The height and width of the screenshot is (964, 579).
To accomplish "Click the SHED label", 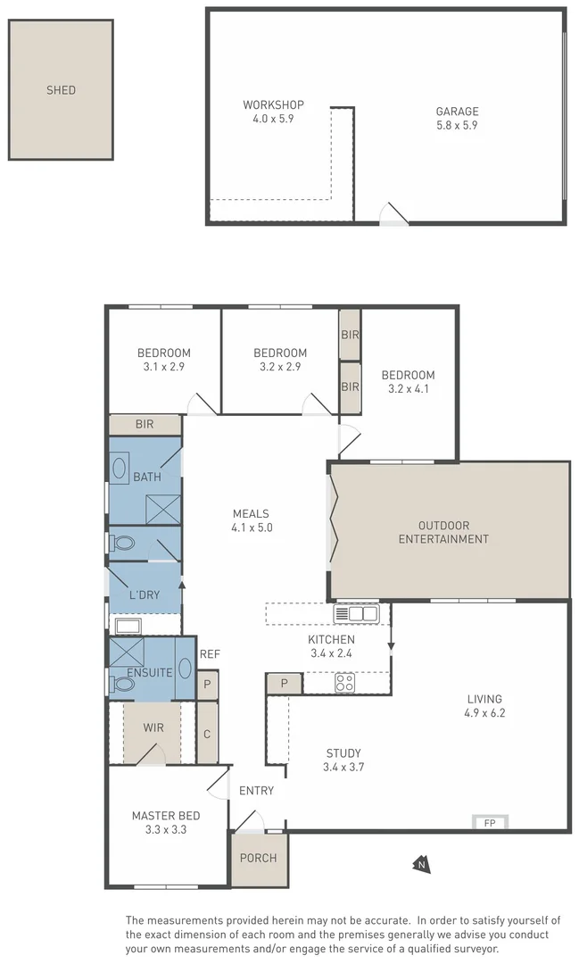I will point(61,90).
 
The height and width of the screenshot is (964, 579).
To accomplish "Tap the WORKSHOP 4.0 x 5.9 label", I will point(273,112).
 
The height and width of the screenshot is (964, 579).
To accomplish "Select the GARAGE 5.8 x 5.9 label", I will point(457,118).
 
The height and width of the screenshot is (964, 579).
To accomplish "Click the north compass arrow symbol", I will point(420,863).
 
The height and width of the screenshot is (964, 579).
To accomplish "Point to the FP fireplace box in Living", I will point(489,822).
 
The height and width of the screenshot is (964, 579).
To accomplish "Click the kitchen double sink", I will point(356,614).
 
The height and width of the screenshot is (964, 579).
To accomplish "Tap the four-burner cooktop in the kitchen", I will point(344,683).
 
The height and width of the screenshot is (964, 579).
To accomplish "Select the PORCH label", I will point(258,859).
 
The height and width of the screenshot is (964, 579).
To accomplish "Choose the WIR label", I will point(153,727).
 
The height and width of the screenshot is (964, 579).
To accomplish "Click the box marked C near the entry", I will point(206,734).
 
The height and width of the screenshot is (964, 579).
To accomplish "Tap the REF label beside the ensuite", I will point(210,654).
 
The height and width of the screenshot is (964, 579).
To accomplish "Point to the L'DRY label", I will point(144,595).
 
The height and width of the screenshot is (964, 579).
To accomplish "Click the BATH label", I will point(147,477).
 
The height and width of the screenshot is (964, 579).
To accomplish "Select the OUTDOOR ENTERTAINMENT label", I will point(443,532).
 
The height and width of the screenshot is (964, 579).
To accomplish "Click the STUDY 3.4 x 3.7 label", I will point(343,760).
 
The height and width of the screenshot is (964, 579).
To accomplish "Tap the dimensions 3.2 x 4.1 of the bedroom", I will point(408,388).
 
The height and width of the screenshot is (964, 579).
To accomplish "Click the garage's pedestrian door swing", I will point(393,213).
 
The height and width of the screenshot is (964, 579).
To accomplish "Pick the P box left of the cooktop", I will point(284,683).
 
